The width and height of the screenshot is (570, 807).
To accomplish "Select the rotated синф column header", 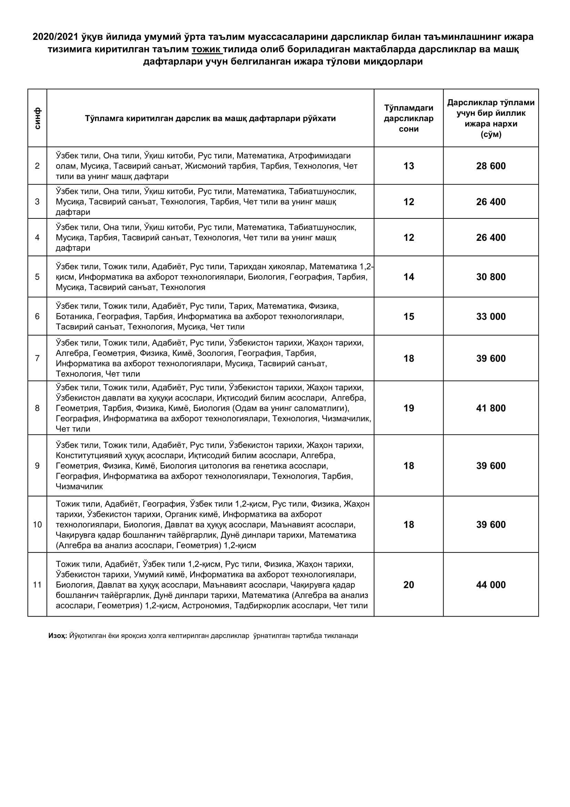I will [x=37, y=118].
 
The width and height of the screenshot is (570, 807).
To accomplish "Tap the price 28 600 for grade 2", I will [x=491, y=166].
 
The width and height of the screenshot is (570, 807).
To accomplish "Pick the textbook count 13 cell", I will [x=409, y=166].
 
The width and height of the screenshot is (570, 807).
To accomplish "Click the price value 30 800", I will [x=491, y=277].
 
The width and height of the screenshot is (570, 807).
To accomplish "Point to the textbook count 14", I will [x=409, y=277].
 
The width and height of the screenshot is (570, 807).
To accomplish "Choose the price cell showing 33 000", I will [x=491, y=317].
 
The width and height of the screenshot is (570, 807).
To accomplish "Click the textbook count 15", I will [x=409, y=317].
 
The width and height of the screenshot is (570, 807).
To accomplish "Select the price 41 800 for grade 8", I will [x=491, y=409].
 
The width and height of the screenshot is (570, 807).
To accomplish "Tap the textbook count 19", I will [x=409, y=409].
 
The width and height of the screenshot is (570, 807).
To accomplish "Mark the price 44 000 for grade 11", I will [x=491, y=585].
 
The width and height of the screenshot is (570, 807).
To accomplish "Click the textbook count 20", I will [x=409, y=585].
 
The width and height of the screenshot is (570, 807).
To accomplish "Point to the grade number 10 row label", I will [x=37, y=525].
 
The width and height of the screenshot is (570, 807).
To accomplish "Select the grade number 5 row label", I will [x=37, y=277].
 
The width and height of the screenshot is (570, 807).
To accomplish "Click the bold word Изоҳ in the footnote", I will [x=57, y=636].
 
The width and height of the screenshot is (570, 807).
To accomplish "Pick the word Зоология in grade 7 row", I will [x=215, y=353].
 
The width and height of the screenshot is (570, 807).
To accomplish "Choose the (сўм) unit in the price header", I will [x=491, y=134].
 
